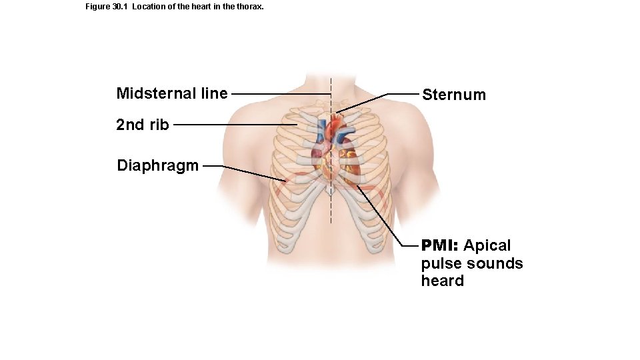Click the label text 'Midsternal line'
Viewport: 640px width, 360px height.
point(171,93)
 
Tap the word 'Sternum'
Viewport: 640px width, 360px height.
point(454,95)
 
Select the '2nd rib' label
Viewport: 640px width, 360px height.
point(142,125)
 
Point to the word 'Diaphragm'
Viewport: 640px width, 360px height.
point(157,165)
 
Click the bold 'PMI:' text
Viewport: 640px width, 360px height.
point(440,245)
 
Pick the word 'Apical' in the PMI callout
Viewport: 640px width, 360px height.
point(487,245)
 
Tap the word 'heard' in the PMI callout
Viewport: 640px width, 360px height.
point(442,281)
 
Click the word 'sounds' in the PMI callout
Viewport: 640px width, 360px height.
point(495,263)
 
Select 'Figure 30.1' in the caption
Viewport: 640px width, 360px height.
point(107,7)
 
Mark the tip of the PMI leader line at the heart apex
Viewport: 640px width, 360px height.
point(357,186)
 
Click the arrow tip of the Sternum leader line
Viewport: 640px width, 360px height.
point(336,112)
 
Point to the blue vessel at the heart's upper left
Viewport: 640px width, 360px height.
point(321,131)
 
